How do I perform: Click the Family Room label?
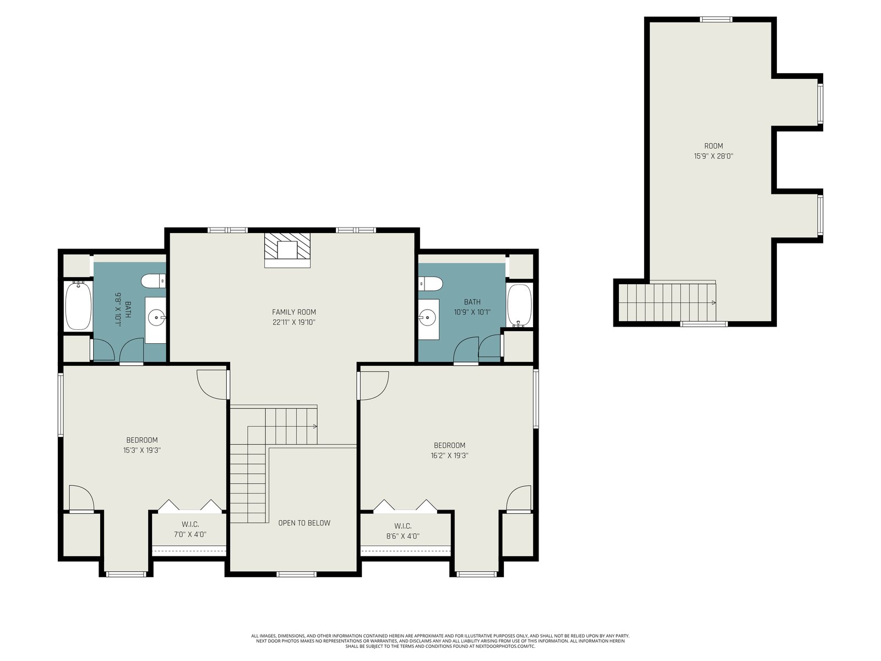(294, 312)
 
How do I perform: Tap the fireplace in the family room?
(287, 250)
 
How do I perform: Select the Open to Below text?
(304, 523)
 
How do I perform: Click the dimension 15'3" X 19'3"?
(142, 450)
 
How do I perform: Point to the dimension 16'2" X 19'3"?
(449, 456)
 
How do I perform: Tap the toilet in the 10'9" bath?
(431, 284)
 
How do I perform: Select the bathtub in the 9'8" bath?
(78, 306)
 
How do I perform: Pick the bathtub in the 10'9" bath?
(520, 306)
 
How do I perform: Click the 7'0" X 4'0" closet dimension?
(191, 534)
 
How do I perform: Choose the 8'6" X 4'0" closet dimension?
(403, 536)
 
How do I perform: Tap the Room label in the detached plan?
(714, 146)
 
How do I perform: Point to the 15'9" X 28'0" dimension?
(714, 156)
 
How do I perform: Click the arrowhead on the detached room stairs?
(714, 302)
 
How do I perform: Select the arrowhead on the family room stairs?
(315, 426)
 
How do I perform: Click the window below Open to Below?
(297, 575)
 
